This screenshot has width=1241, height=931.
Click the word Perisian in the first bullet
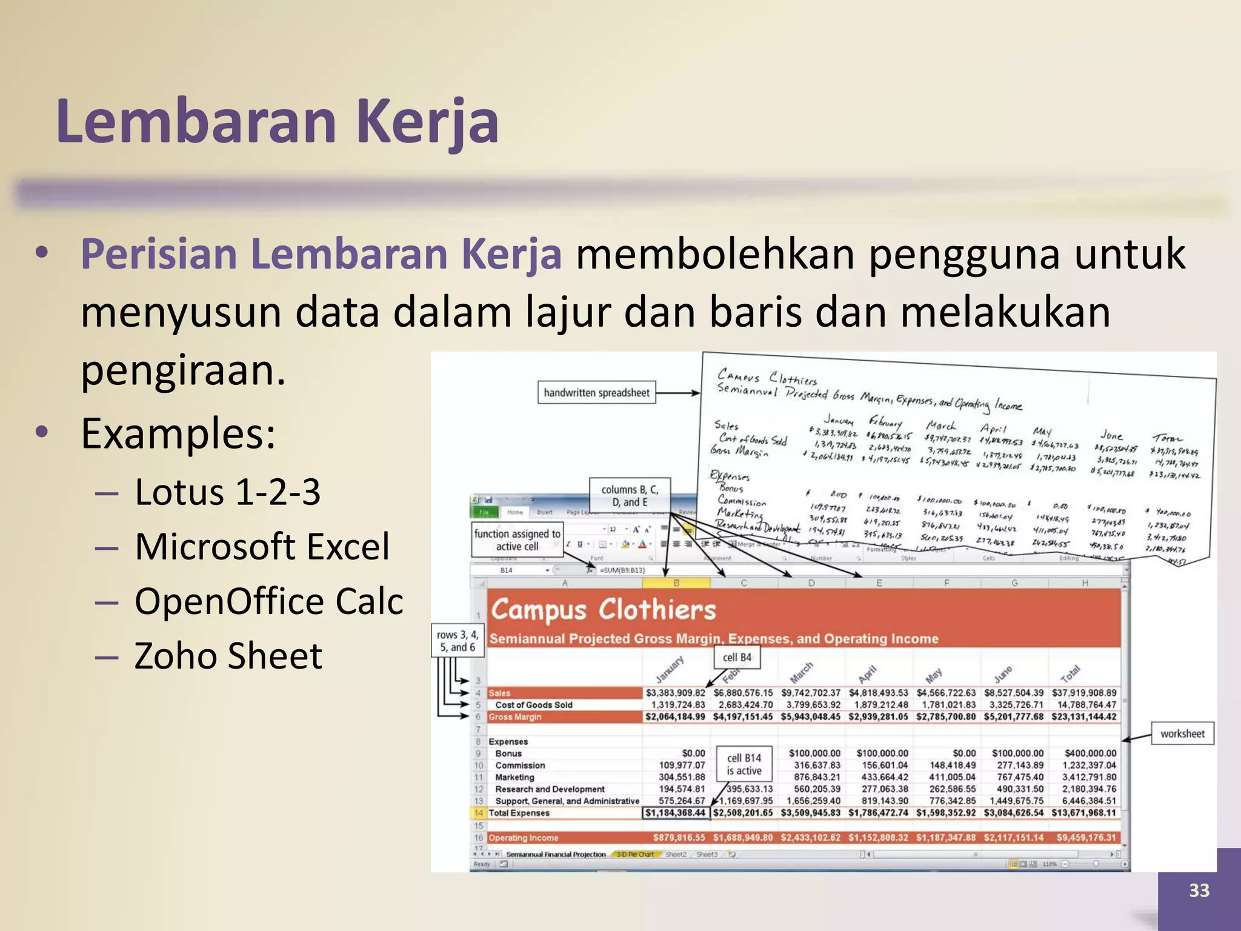(158, 253)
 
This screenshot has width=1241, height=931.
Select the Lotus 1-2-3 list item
(227, 492)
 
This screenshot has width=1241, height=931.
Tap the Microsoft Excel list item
(262, 546)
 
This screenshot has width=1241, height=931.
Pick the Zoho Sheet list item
(228, 655)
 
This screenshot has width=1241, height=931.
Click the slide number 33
(1199, 890)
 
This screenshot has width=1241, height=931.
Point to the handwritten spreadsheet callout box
(596, 393)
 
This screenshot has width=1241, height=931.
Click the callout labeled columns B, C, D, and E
(630, 495)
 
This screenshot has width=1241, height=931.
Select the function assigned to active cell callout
(517, 539)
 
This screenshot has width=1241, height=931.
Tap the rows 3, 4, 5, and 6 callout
(457, 641)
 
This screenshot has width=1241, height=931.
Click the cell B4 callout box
(737, 657)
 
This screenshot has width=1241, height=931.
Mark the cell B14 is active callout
(744, 764)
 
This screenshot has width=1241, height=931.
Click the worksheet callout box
(1182, 733)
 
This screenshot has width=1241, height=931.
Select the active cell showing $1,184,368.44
(675, 813)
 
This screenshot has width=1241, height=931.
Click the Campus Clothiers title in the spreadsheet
(603, 610)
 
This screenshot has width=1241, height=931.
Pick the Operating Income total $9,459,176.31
(1086, 838)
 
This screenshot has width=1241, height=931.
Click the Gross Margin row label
(515, 717)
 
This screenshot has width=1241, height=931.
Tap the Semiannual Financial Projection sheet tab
(555, 854)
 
